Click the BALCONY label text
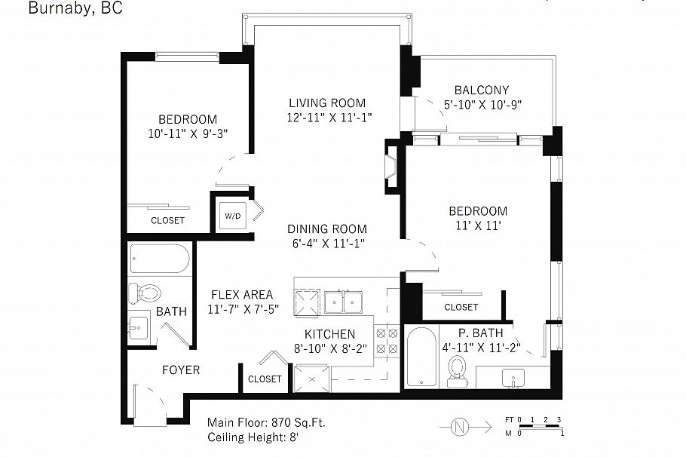482,89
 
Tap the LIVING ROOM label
327,103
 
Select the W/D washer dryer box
232,216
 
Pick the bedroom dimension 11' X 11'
478,225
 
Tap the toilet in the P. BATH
456,370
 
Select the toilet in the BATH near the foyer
145,293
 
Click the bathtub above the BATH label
160,258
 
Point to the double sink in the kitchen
345,301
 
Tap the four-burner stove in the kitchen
386,339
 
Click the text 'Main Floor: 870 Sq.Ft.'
266,423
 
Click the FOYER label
182,370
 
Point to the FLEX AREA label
241,295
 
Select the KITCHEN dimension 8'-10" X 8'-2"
329,348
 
